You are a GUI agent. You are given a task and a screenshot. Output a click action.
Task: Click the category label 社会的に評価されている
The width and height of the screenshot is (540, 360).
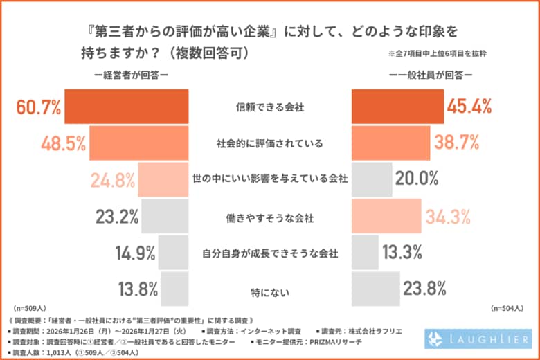tap(270, 143)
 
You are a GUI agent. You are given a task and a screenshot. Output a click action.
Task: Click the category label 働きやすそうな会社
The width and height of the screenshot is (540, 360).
tap(270, 217)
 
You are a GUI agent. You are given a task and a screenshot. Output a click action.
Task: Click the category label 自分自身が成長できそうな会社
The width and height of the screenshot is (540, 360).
tap(270, 253)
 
